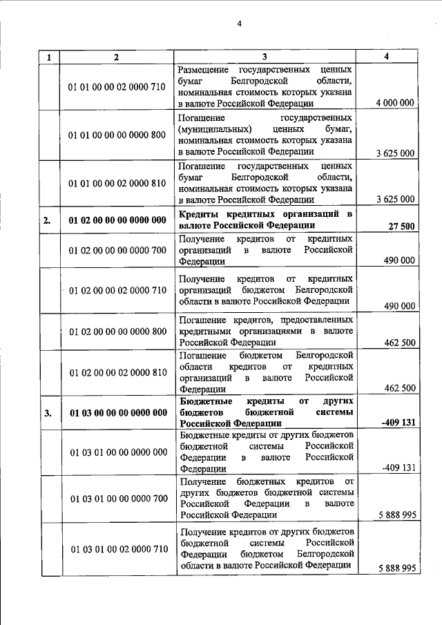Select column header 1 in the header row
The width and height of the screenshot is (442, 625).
click(x=48, y=57)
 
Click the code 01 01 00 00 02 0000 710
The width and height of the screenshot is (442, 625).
click(x=117, y=88)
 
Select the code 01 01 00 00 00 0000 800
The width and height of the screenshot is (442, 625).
click(x=117, y=135)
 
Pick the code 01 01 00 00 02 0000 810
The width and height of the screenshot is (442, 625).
click(x=117, y=183)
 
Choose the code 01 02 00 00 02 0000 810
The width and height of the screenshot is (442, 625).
click(x=117, y=373)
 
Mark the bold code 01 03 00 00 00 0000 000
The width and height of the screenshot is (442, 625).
click(x=117, y=413)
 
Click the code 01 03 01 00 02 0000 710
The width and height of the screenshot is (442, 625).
click(x=117, y=549)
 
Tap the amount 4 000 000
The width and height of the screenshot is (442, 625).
click(x=395, y=103)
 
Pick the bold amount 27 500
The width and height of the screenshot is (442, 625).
click(x=401, y=226)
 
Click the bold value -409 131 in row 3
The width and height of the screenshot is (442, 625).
click(x=398, y=423)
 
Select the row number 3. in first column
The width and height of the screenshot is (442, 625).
click(x=48, y=413)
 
